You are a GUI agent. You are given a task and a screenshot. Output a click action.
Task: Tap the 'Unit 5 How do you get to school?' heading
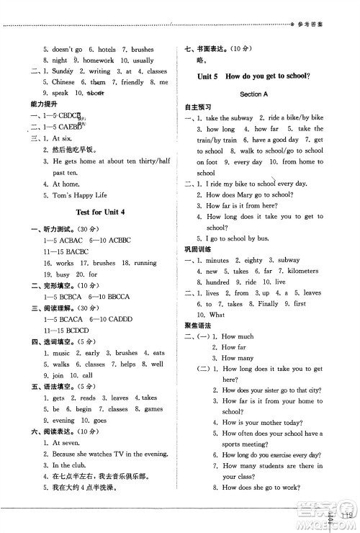click(x=257, y=76)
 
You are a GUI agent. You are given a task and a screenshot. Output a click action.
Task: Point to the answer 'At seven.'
click(x=68, y=443)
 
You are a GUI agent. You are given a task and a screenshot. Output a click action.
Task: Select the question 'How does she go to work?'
click(x=260, y=488)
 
